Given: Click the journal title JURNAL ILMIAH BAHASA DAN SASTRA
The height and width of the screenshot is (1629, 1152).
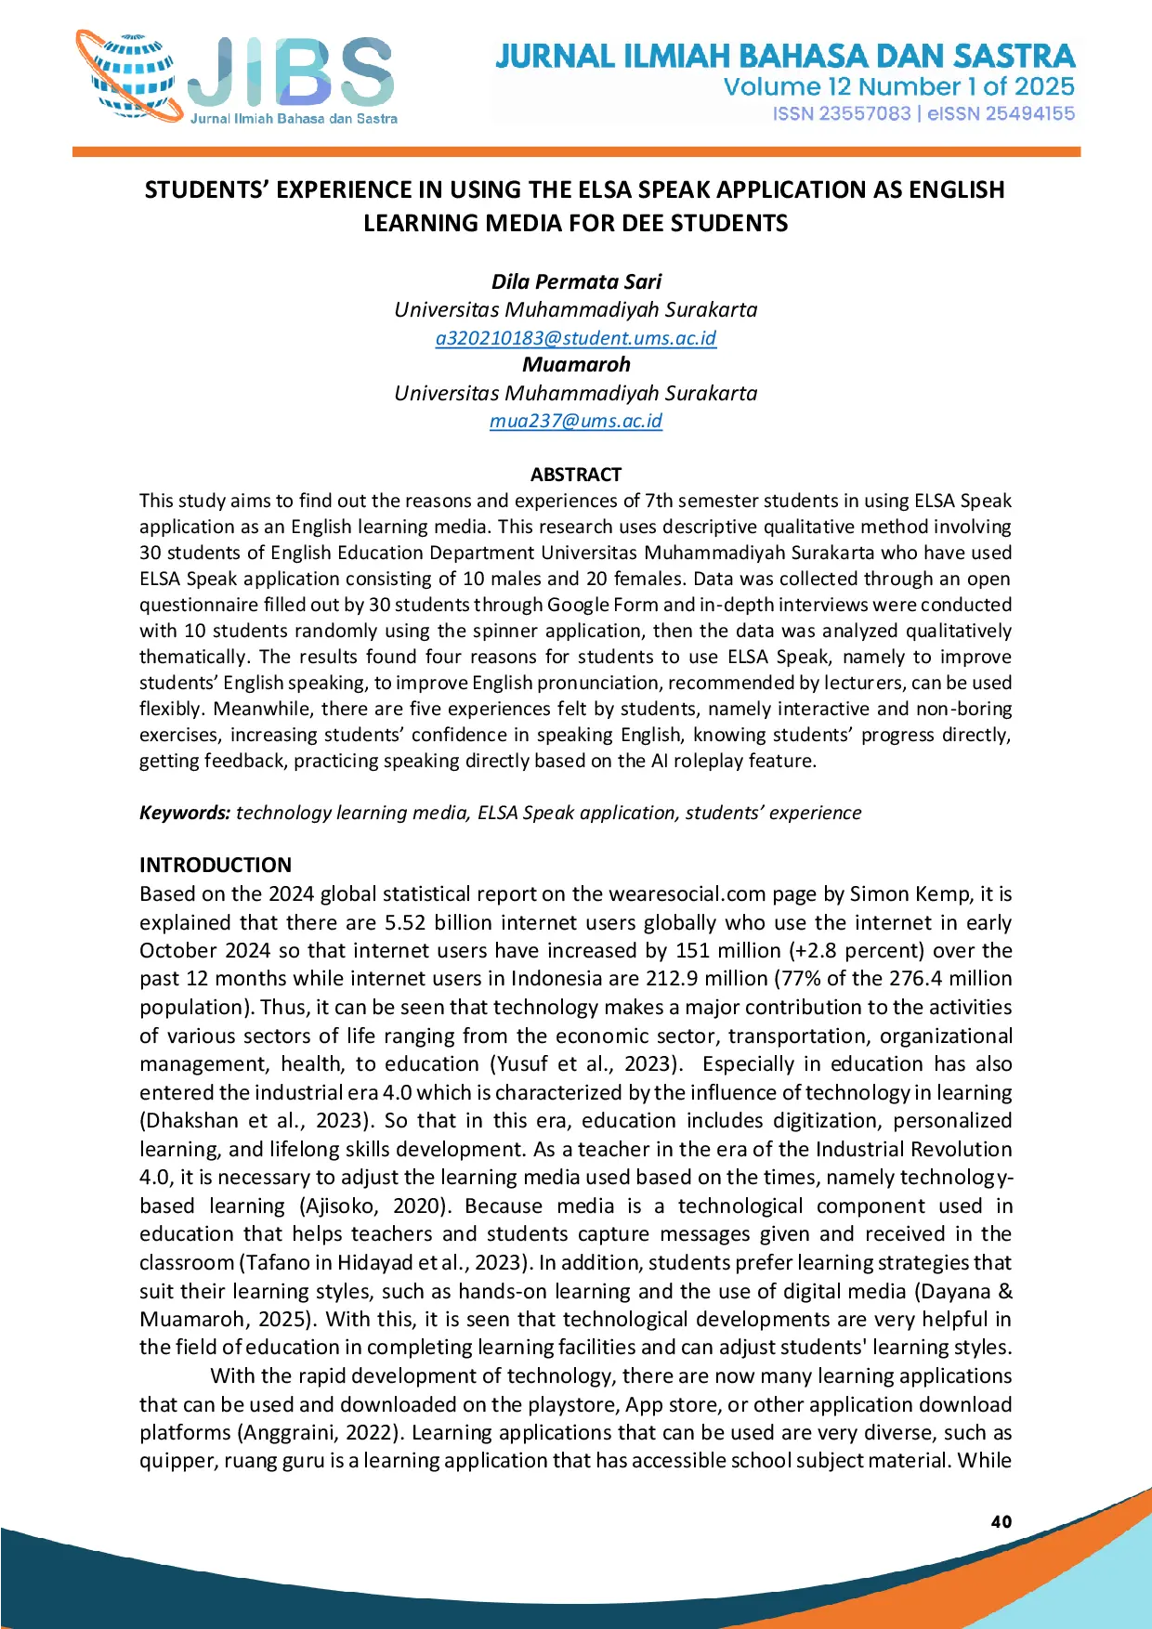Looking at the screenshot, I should click(785, 56).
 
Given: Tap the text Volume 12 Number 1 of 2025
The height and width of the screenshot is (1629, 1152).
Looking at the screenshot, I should click(898, 87).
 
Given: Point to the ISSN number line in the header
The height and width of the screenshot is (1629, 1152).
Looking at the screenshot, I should click(923, 113).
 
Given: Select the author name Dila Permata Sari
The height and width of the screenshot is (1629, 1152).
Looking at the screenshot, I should click(576, 281).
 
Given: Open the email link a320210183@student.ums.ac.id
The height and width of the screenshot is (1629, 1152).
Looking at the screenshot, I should click(576, 338).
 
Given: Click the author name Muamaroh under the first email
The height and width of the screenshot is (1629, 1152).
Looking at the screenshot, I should click(576, 364).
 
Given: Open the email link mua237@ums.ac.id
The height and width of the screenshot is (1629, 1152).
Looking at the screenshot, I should click(576, 421).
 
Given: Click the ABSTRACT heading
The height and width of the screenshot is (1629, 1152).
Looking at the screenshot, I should click(576, 475).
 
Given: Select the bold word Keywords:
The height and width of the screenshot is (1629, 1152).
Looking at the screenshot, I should click(185, 813).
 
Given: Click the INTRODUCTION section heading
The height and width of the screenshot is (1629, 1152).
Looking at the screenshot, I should click(216, 865).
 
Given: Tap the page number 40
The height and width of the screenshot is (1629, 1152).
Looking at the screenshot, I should click(1001, 1521).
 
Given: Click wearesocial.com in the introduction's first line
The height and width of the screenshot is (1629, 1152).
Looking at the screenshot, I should click(687, 893).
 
